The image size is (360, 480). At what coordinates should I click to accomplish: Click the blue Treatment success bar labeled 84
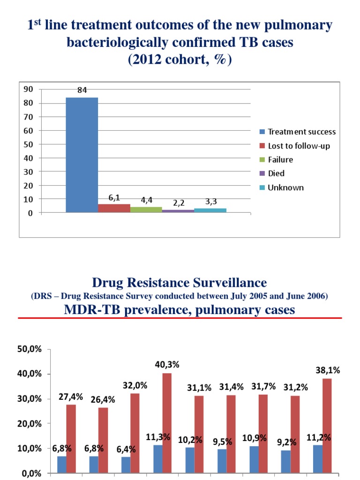[82, 155]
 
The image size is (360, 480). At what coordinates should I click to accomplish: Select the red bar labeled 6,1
[114, 208]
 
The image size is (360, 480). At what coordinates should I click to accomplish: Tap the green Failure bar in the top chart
[146, 210]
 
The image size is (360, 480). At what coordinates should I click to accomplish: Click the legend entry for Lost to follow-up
[299, 146]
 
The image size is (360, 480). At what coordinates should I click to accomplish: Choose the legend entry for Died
[276, 173]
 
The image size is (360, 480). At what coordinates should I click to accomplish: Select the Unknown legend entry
[285, 187]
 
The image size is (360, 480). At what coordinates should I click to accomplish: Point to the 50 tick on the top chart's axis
[28, 144]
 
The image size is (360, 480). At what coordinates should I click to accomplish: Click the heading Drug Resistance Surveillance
[180, 283]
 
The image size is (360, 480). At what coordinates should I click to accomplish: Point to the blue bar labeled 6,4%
[126, 464]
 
